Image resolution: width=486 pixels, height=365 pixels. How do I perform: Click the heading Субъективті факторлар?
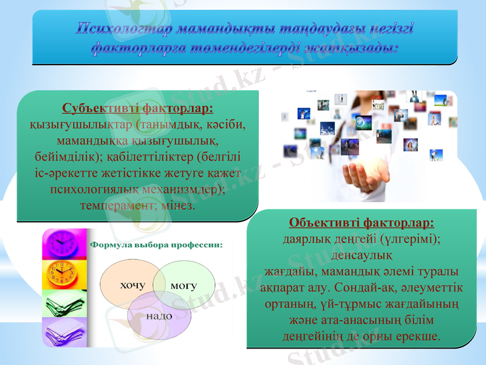tap(138, 109)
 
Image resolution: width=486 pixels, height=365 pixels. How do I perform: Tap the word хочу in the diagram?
tap(132, 285)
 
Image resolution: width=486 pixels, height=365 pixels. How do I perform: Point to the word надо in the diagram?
tap(159, 316)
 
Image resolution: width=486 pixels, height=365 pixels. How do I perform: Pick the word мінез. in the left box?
tap(179, 205)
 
